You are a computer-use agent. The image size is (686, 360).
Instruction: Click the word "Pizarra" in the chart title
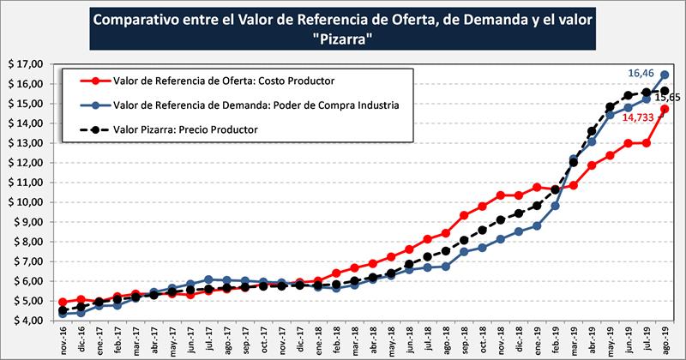point(343,41)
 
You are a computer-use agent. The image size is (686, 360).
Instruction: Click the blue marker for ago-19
point(665,75)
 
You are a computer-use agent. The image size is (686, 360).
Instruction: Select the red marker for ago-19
point(665,109)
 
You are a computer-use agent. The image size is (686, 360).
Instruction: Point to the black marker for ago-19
point(665,91)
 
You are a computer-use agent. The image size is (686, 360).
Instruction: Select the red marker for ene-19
point(538,187)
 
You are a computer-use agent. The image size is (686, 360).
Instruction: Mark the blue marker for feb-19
point(556,206)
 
